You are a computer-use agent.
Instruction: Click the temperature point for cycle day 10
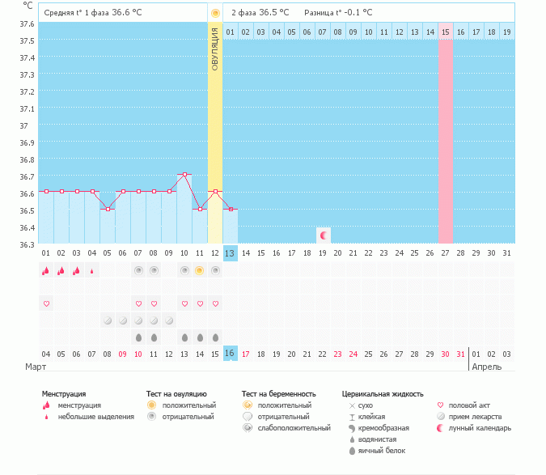pyautogui.click(x=184, y=174)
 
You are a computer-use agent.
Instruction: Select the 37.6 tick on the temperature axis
pyautogui.click(x=27, y=23)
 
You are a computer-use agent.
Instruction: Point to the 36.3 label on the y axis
pyautogui.click(x=27, y=244)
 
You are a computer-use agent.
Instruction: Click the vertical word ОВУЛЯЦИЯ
pyautogui.click(x=215, y=49)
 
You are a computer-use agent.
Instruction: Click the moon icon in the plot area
pyautogui.click(x=324, y=235)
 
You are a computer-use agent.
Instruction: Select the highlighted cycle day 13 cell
pyautogui.click(x=231, y=253)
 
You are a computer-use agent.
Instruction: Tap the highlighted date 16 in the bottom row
pyautogui.click(x=231, y=353)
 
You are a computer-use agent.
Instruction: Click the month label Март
pyautogui.click(x=35, y=367)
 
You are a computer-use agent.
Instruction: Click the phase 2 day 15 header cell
pyautogui.click(x=446, y=32)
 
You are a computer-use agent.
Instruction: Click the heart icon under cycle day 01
pyautogui.click(x=46, y=303)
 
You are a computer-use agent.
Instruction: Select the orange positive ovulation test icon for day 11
pyautogui.click(x=200, y=270)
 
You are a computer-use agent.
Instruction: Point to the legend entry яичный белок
pyautogui.click(x=382, y=451)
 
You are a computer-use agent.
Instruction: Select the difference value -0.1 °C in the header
pyautogui.click(x=356, y=13)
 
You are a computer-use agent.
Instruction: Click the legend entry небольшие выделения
pyautogui.click(x=95, y=417)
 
